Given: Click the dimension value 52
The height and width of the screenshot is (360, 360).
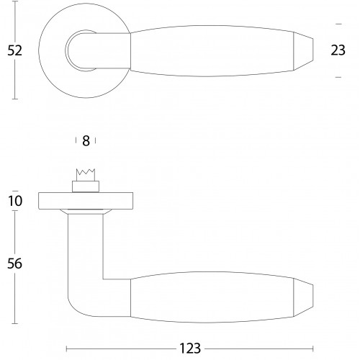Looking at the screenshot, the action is pyautogui.click(x=14, y=50).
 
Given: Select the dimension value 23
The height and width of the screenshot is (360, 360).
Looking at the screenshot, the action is pyautogui.click(x=338, y=50).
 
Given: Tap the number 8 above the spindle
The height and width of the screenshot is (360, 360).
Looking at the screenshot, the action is pyautogui.click(x=86, y=141).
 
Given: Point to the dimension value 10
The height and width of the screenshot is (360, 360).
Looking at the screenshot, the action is pyautogui.click(x=15, y=201).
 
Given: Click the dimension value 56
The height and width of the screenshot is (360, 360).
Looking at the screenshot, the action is pyautogui.click(x=14, y=264).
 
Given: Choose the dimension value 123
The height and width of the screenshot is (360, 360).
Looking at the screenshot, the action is pyautogui.click(x=190, y=348).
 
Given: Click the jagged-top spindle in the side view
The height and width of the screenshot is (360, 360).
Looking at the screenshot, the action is pyautogui.click(x=86, y=175).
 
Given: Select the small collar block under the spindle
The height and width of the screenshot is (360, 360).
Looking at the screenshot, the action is pyautogui.click(x=86, y=186).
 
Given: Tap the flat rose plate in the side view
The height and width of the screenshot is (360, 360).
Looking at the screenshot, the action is pyautogui.click(x=86, y=201).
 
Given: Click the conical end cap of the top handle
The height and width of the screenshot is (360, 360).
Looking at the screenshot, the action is pyautogui.click(x=303, y=50).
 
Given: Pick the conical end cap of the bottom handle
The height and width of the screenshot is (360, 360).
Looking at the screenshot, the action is pyautogui.click(x=303, y=297).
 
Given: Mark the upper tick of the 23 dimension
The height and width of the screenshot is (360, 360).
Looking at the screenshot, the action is pyautogui.click(x=338, y=24).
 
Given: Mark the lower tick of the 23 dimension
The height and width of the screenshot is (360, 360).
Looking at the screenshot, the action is pyautogui.click(x=338, y=77).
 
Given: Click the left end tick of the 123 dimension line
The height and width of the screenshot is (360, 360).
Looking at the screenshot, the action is pyautogui.click(x=66, y=348).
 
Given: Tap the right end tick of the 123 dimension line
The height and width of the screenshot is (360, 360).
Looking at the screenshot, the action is pyautogui.click(x=313, y=348).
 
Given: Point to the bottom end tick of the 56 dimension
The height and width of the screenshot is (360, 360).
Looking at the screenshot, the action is pyautogui.click(x=15, y=323).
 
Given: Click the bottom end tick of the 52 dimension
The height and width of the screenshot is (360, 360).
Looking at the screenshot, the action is pyautogui.click(x=15, y=99).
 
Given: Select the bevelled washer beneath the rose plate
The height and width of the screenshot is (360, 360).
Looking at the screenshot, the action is pyautogui.click(x=86, y=212).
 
